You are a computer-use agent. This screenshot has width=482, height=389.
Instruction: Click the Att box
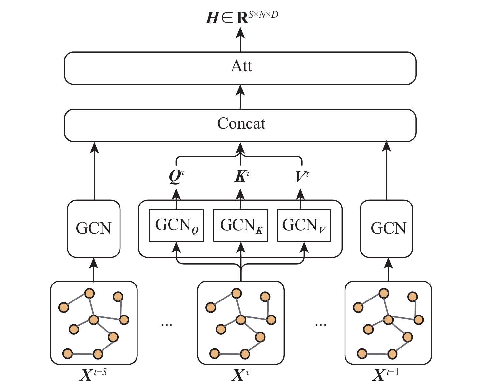tap(240, 68)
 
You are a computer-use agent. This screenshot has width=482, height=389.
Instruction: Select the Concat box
tap(240, 125)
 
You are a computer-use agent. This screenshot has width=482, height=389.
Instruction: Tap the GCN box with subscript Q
tap(176, 225)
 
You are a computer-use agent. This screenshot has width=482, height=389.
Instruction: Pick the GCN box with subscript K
tap(240, 225)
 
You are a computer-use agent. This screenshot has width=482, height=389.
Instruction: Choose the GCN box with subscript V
tap(304, 225)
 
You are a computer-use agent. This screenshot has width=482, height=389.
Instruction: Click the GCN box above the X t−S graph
tap(94, 229)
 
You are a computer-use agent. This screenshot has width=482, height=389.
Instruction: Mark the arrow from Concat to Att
tap(240, 97)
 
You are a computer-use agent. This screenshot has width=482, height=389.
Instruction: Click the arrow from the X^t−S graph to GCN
tap(94, 269)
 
